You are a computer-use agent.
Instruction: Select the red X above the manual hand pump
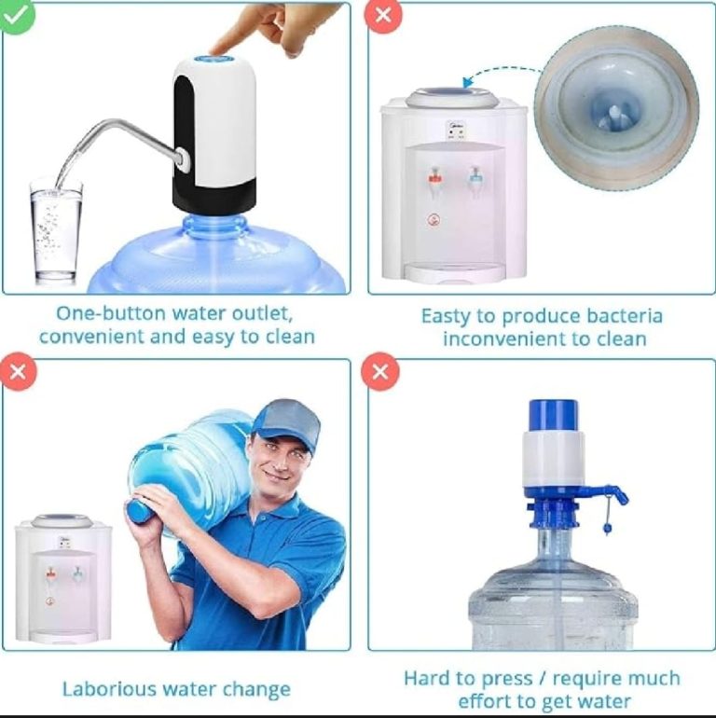click(x=380, y=373)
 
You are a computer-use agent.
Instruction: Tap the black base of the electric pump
click(x=214, y=191)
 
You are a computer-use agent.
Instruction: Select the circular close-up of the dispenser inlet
click(x=616, y=106)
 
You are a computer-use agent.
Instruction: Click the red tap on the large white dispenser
click(x=434, y=176)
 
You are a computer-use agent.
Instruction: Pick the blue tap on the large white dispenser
click(x=475, y=176)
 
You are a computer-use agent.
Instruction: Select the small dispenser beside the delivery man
click(x=62, y=578)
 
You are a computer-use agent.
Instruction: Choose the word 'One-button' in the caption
click(x=102, y=312)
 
